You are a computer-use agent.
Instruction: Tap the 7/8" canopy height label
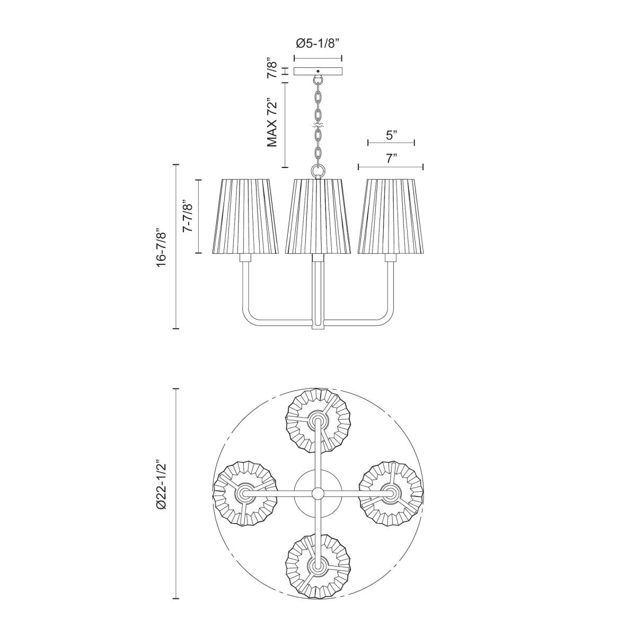(272, 68)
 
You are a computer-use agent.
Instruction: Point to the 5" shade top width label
(391, 135)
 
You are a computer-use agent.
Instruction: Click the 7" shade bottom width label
(391, 158)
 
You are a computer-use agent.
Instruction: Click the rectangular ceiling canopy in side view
(318, 72)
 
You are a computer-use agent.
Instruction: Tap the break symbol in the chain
(318, 126)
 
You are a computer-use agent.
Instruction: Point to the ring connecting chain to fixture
(318, 171)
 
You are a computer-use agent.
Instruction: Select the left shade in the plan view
(245, 493)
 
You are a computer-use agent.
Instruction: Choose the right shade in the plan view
(391, 493)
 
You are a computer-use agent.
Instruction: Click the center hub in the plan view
(317, 493)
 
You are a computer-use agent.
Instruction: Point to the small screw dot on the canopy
(318, 71)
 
